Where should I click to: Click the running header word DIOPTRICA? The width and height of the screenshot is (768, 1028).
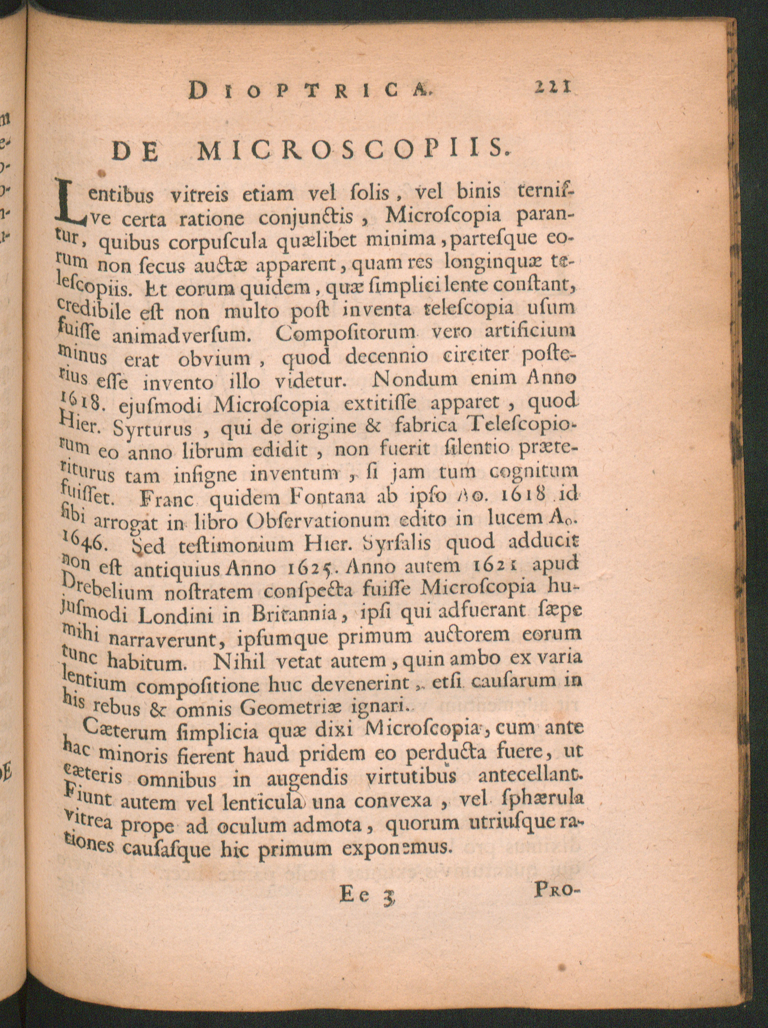pos(311,89)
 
